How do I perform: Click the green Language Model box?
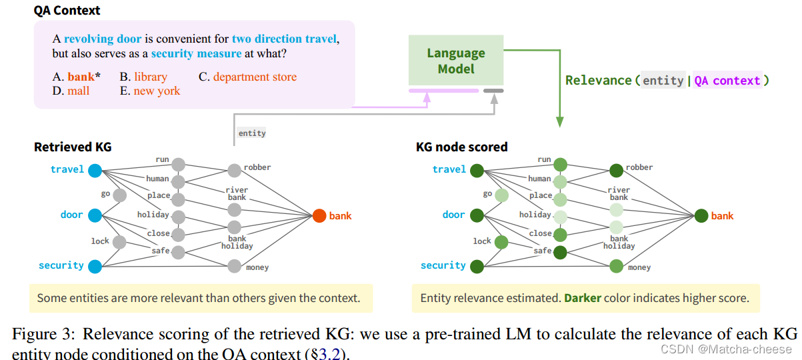coord(455,61)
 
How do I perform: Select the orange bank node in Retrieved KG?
coord(319,216)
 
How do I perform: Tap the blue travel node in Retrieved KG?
coord(95,169)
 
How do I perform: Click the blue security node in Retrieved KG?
coord(95,266)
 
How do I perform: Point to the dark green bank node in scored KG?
coord(701,216)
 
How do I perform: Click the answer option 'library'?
coord(150,77)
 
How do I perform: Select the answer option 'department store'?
coord(255,77)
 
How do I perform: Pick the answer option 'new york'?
coord(157,91)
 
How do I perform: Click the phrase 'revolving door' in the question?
coord(102,39)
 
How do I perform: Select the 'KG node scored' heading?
coord(461,146)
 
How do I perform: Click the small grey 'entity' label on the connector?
coord(252,133)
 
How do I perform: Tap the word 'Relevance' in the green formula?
coord(598,81)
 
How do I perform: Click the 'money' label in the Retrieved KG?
coord(257,268)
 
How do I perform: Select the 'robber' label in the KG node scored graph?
coord(639,167)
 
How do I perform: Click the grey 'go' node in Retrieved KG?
coord(120,195)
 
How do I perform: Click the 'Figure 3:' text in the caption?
coord(45,333)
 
